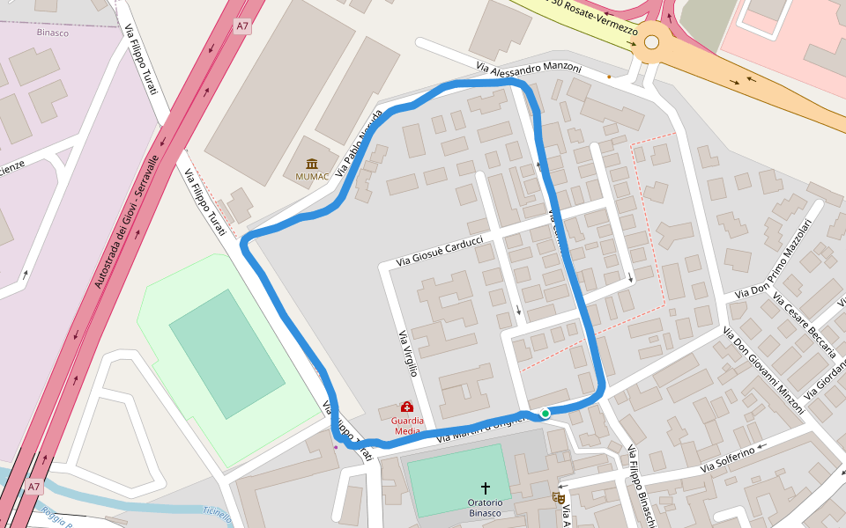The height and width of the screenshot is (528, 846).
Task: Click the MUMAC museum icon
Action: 312,163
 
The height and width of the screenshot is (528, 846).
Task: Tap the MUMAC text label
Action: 312,177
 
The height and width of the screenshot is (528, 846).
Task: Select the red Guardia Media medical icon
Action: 407,407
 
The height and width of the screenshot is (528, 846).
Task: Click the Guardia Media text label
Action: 406,426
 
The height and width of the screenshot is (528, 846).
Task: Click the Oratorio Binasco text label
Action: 485,508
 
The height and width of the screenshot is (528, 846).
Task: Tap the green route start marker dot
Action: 545,413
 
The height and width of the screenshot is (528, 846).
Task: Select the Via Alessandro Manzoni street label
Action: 529,67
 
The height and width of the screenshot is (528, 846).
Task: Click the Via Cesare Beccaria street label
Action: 804,325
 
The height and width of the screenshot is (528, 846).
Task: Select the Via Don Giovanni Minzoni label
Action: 763,370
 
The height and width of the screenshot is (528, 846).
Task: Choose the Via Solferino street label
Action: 729,458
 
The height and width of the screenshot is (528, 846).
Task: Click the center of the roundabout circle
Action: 651,41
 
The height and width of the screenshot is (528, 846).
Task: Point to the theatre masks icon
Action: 558,497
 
